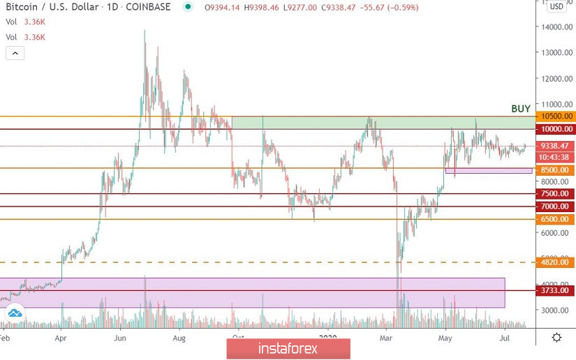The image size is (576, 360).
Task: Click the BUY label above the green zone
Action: click(x=521, y=109)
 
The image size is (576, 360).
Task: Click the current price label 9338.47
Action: click(x=555, y=146)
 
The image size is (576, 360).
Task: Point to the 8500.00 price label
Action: click(x=556, y=170)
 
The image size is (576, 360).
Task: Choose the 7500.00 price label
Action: click(x=556, y=194)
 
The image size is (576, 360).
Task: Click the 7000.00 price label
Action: click(x=556, y=207)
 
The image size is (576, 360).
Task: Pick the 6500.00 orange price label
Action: click(x=556, y=219)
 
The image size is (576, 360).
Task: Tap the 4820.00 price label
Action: click(x=556, y=263)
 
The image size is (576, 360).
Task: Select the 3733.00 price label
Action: click(x=556, y=290)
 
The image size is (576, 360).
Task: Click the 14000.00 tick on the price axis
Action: click(x=556, y=27)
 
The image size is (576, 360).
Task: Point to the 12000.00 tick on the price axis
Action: click(x=556, y=78)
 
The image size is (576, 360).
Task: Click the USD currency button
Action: click(x=556, y=7)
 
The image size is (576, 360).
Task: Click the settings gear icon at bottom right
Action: click(x=556, y=338)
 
